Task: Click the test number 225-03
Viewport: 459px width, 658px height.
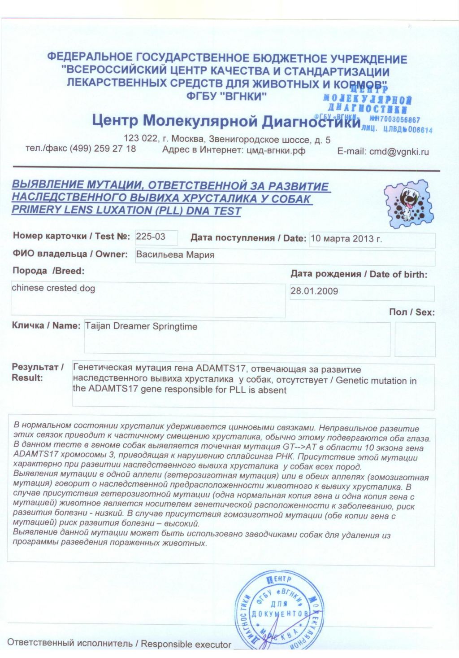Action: [x=151, y=237]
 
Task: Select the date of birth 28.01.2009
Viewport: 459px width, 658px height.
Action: [x=314, y=291]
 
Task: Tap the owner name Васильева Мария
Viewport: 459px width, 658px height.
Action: [x=175, y=255]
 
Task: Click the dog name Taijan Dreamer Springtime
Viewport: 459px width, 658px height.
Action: [x=141, y=327]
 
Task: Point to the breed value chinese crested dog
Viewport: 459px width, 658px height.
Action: [x=53, y=288]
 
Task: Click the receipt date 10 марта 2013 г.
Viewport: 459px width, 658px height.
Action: [x=346, y=239]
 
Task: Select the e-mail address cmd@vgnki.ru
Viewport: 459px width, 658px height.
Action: [x=399, y=152]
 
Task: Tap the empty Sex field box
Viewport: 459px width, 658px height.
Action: [x=415, y=339]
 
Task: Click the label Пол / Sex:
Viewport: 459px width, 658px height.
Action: [x=411, y=312]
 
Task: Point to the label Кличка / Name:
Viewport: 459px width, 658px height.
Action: [x=46, y=326]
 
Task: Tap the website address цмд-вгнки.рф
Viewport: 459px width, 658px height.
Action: [x=276, y=151]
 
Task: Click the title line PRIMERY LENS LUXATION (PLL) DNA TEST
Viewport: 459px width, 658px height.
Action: [x=126, y=211]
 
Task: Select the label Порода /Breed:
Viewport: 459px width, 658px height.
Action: [x=48, y=271]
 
